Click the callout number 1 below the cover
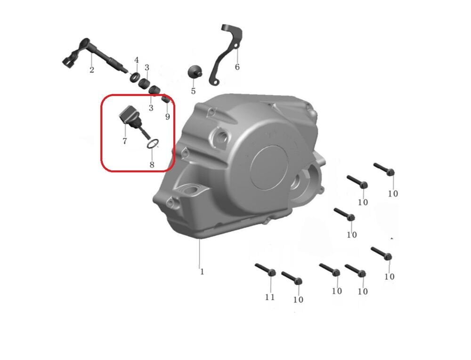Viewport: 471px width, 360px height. (x=202, y=272)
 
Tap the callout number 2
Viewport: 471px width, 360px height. (x=92, y=70)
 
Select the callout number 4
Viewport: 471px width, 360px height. (x=137, y=60)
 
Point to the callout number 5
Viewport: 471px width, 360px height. (x=193, y=91)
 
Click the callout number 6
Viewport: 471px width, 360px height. (x=237, y=67)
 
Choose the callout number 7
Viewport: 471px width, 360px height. (x=125, y=141)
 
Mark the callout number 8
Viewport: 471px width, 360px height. (x=152, y=164)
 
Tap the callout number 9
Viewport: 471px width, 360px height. (x=168, y=116)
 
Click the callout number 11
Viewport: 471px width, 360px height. (x=270, y=297)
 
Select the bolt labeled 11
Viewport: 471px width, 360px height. (x=266, y=269)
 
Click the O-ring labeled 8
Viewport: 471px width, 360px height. (x=153, y=144)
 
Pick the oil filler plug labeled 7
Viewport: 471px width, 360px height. (x=133, y=121)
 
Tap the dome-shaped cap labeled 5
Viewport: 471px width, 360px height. (x=195, y=72)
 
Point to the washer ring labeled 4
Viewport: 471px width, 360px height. (x=134, y=77)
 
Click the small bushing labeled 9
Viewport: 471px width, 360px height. (x=166, y=98)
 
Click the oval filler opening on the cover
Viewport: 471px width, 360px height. (x=191, y=190)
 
